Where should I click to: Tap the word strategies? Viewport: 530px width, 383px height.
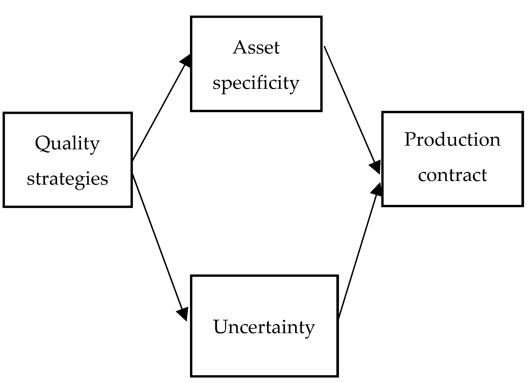[x=67, y=179]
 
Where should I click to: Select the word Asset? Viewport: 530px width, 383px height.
[x=256, y=48]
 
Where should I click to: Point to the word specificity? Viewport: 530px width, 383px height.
[x=256, y=83]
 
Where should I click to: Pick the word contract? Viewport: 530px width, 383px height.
[x=452, y=175]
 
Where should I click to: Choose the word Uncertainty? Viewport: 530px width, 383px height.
[x=264, y=327]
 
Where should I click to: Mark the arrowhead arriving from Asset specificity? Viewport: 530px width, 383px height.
[x=375, y=166]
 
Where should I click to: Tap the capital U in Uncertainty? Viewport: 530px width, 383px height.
[x=220, y=327]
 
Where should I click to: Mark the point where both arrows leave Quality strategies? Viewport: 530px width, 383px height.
[x=132, y=166]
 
